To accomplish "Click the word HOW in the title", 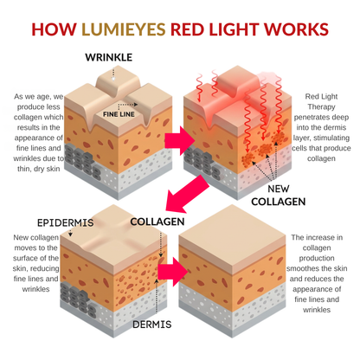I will tap(55, 29).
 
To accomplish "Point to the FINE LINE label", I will tap(119, 113).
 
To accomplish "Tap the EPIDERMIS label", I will tap(41, 221).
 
